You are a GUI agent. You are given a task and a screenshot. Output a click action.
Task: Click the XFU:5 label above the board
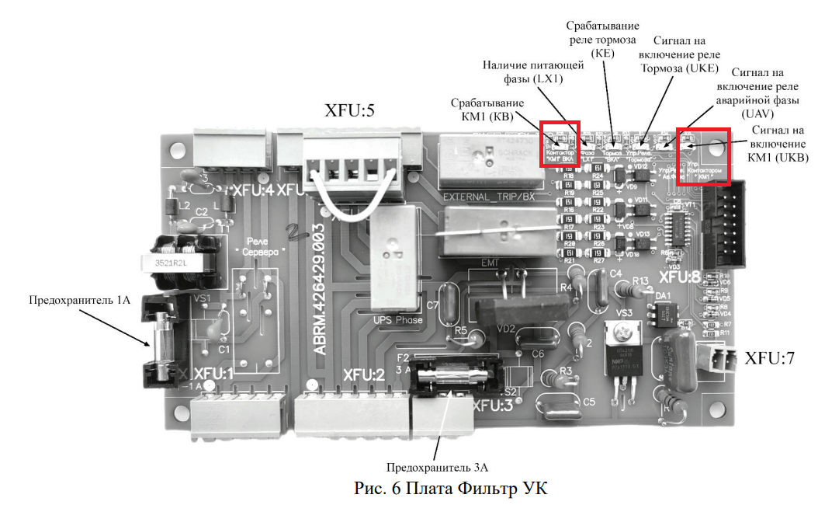(349, 110)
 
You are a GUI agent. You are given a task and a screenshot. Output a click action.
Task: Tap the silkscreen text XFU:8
(680, 276)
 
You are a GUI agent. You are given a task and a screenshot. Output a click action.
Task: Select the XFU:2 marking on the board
(364, 374)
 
